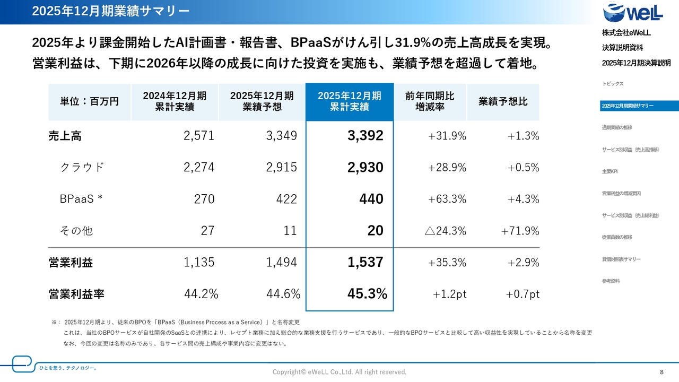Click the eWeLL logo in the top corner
633,12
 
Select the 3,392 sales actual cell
365,136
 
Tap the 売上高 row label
65,136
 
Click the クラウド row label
82,168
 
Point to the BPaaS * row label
81,199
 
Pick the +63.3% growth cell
447,199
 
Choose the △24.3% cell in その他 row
445,231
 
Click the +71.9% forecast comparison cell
520,231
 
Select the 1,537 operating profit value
365,262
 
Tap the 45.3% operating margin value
367,294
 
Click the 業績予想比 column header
503,101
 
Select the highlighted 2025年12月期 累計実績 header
349,101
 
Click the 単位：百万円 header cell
90,101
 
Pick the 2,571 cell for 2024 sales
199,136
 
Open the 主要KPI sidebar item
610,171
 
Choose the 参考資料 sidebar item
611,281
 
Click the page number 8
661,371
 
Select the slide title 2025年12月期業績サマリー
110,12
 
